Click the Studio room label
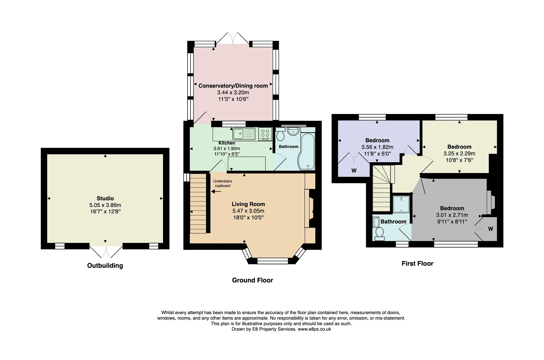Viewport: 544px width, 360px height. tap(105, 199)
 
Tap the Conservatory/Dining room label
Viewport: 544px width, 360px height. tap(233, 86)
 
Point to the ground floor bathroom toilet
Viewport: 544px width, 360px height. tap(280, 134)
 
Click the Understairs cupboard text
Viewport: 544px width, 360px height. tap(223, 183)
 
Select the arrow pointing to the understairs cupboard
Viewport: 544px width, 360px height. tap(216, 192)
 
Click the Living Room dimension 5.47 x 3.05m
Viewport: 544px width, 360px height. tap(248, 211)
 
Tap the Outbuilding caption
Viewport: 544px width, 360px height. tap(105, 265)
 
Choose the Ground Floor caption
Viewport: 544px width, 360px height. tap(253, 280)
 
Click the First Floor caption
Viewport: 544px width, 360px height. tap(417, 263)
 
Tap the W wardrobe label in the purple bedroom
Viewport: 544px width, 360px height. tap(354, 171)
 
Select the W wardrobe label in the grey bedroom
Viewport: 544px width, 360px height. tap(491, 229)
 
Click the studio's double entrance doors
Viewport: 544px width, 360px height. tap(106, 252)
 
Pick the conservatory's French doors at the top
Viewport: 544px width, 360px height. tap(233, 38)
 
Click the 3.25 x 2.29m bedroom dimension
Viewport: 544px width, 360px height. tap(460, 154)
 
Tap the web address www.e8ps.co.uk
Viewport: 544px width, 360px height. tap(315, 329)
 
